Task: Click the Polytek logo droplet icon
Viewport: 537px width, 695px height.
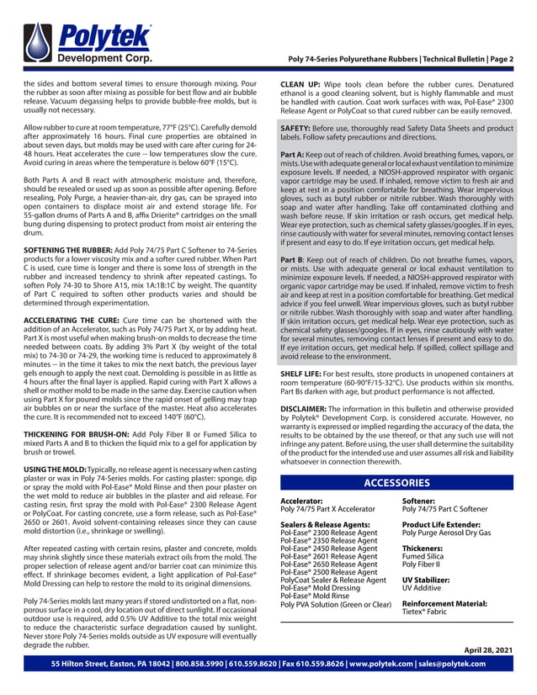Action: tap(40, 41)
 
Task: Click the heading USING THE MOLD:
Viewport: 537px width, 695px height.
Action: tap(55, 467)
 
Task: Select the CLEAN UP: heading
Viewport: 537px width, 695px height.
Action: tap(301, 85)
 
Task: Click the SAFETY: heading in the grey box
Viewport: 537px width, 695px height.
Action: tap(299, 127)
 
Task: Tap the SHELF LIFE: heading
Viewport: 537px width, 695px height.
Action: tap(304, 371)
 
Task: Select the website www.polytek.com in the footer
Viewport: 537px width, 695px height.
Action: tap(382, 664)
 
